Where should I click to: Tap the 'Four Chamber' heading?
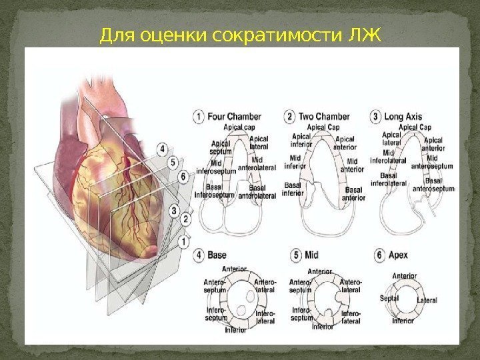click(x=234, y=117)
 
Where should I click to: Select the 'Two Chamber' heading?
click(x=324, y=117)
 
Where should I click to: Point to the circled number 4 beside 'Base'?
click(x=199, y=255)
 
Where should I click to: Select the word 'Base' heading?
click(x=217, y=255)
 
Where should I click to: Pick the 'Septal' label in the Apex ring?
click(x=389, y=299)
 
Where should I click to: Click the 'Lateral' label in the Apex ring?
click(x=427, y=301)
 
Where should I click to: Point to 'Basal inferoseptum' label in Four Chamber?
click(x=214, y=192)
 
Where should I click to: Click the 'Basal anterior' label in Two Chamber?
click(x=353, y=193)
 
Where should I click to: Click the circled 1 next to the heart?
click(x=183, y=238)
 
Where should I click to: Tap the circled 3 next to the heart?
click(x=173, y=211)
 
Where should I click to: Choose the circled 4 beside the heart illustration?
click(x=162, y=148)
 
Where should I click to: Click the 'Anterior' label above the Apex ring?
click(x=405, y=276)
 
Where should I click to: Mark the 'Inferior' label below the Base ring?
click(x=235, y=330)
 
